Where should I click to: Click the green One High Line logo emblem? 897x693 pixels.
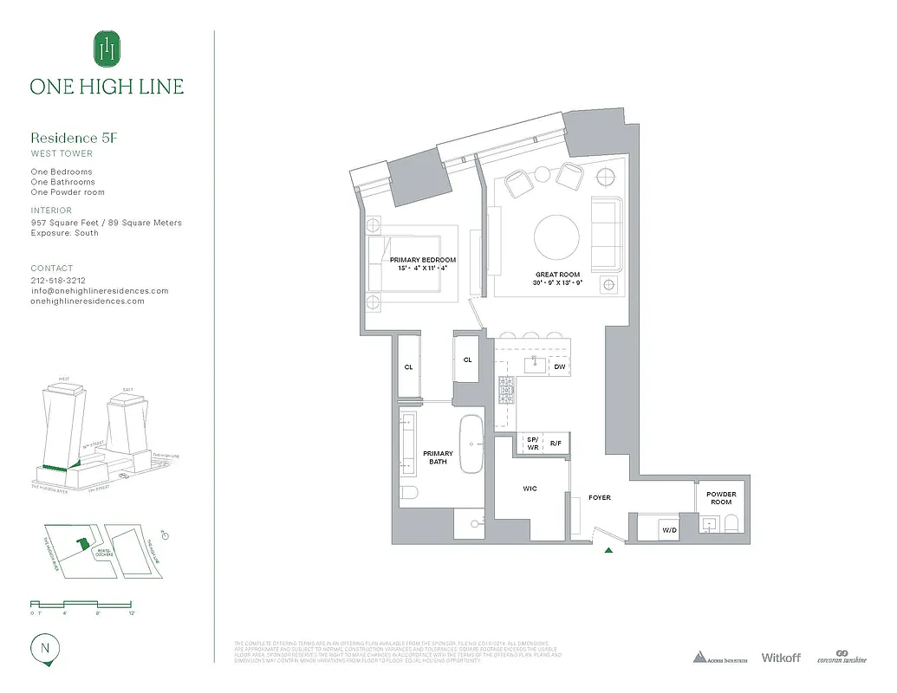coord(107,49)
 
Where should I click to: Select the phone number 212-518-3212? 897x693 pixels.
coord(58,281)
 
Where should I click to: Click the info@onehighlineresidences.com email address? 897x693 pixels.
coord(100,291)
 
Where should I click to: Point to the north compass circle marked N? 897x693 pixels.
coord(43,646)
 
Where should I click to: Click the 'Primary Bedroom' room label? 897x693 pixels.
coord(422,260)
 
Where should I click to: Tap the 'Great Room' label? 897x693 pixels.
coord(557,275)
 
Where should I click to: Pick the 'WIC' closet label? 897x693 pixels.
coord(530,489)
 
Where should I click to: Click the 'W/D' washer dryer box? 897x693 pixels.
coord(669,529)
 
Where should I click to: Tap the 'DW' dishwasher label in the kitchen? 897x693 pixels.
coord(559,367)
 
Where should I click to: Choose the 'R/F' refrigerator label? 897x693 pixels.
coord(556,443)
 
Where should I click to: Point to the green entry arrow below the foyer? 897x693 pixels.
coord(609,549)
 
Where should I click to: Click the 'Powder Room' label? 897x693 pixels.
coord(720,498)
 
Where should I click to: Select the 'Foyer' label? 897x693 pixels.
coord(599,497)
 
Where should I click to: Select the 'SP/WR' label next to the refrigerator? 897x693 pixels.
coord(532,443)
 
